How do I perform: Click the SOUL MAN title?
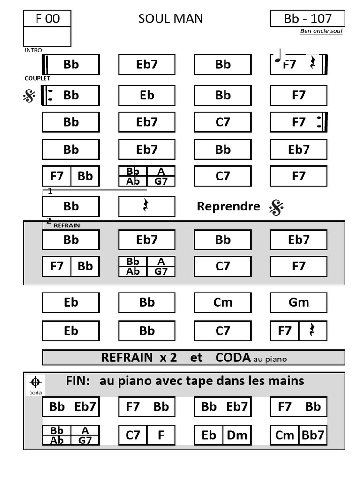[x=171, y=19]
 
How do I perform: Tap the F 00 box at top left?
[x=47, y=18]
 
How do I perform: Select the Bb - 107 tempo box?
[x=307, y=18]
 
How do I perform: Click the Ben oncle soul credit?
[x=321, y=31]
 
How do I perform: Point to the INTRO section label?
[x=33, y=50]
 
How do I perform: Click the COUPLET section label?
[x=37, y=78]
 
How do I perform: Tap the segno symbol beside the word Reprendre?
[x=277, y=207]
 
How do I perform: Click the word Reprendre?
[x=228, y=206]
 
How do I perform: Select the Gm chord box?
[x=299, y=302]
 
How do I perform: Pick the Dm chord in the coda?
[x=237, y=435]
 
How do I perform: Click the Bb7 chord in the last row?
[x=313, y=435]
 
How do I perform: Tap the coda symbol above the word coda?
[x=35, y=382]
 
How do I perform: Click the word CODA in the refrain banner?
[x=233, y=358]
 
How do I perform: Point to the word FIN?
[x=78, y=381]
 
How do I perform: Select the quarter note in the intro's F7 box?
[x=278, y=56]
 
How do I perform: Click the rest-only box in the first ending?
[x=147, y=207]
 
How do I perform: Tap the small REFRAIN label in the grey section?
[x=67, y=225]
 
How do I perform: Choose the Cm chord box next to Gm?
[x=223, y=302]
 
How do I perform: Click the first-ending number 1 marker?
[x=50, y=191]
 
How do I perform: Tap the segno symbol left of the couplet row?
[x=30, y=96]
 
